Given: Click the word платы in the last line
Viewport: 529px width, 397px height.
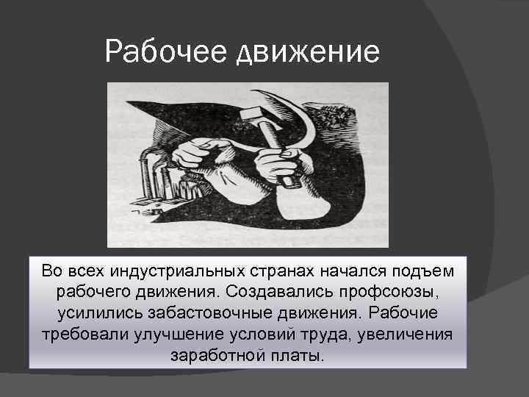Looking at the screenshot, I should point(299,357).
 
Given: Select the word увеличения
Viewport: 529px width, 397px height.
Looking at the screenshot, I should point(407,335).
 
